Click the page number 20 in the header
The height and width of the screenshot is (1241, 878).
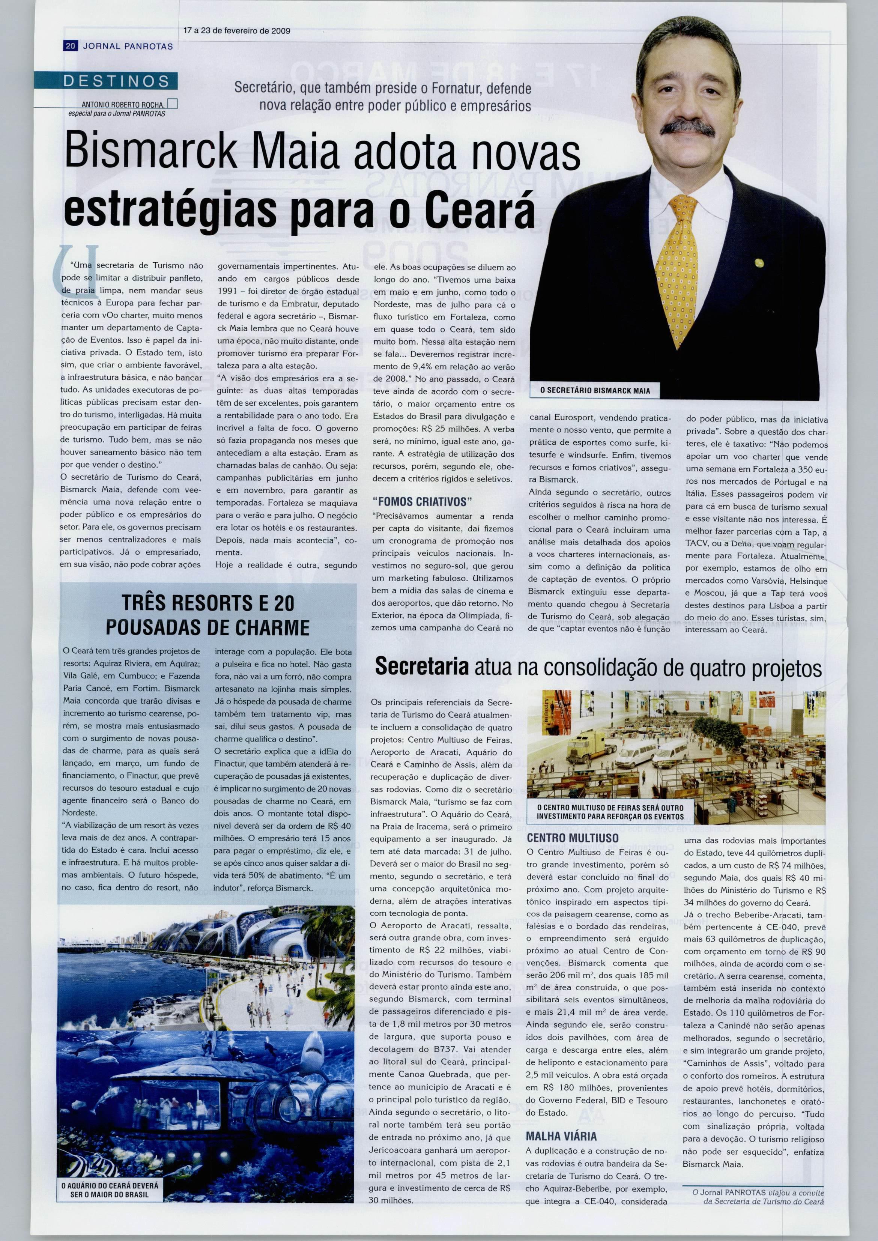pos(70,47)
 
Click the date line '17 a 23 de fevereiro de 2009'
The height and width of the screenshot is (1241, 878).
pos(237,31)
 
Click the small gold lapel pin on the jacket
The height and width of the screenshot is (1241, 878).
pos(761,262)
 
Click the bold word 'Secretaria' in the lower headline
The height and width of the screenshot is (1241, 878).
pos(422,666)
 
